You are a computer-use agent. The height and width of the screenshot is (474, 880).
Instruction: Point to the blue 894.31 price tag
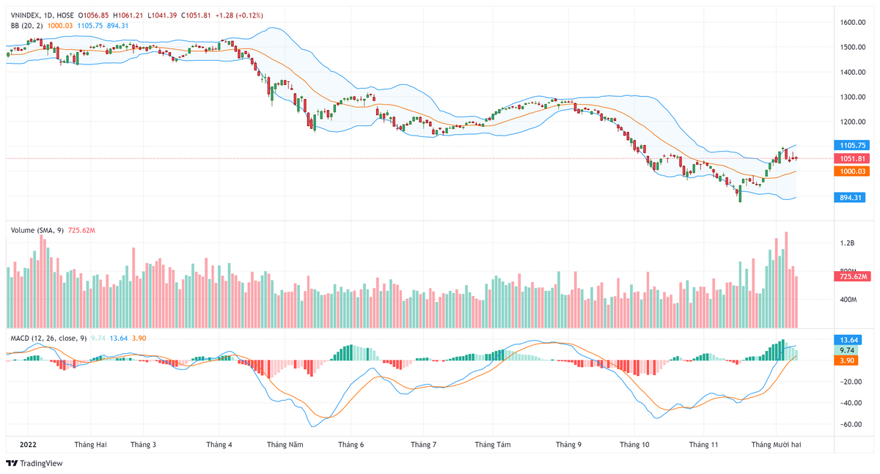click(x=851, y=197)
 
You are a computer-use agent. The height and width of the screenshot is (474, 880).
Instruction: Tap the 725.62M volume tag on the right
click(x=853, y=276)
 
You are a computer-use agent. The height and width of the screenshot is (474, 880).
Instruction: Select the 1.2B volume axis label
click(x=848, y=242)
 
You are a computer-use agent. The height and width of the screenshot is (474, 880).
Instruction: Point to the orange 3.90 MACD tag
click(x=848, y=360)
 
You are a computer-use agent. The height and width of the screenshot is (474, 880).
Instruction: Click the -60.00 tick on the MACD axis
click(x=850, y=424)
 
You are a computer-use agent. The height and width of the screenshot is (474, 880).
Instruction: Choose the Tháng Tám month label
click(x=493, y=445)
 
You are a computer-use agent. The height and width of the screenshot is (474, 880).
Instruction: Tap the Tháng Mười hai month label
click(x=776, y=445)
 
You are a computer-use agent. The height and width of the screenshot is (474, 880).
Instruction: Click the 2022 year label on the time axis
click(x=27, y=445)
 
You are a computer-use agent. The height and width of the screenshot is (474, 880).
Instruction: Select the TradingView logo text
click(x=41, y=463)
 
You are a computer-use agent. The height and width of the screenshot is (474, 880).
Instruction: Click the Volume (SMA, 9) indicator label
click(x=37, y=230)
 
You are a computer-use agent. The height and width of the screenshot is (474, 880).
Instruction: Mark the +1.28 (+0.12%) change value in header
click(x=240, y=15)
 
